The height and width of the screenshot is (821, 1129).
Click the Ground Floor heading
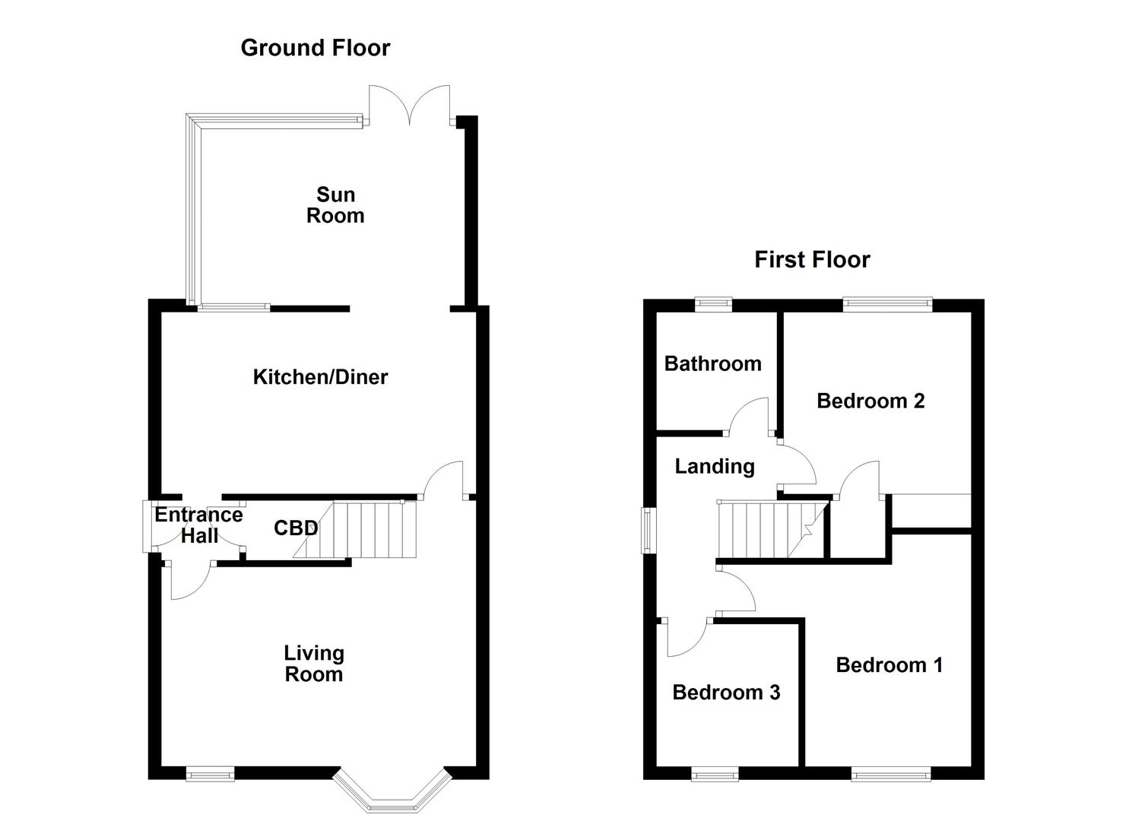coord(315,48)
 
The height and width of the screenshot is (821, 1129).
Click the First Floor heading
coord(811,260)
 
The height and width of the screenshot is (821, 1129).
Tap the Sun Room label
coord(335,205)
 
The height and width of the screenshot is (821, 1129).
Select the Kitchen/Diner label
coord(320,377)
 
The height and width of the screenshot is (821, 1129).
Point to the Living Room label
coord(314,664)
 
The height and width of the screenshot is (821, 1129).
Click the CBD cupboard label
coord(295,528)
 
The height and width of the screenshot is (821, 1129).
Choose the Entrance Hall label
coord(198,525)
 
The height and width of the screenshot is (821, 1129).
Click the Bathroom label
coord(712,364)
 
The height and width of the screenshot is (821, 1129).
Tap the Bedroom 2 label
coord(871,401)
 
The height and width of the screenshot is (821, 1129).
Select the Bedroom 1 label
coord(889,665)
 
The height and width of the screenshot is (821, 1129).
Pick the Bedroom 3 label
coord(726,693)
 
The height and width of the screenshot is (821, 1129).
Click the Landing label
coord(714,467)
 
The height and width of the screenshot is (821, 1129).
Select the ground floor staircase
coord(365,529)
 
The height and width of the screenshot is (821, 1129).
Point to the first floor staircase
coord(768,529)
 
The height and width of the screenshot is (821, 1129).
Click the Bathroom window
coord(714,305)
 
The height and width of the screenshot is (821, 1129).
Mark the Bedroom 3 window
coord(715,774)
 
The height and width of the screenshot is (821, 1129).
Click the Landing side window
coord(649,529)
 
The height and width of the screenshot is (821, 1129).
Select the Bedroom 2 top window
coord(887,305)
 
